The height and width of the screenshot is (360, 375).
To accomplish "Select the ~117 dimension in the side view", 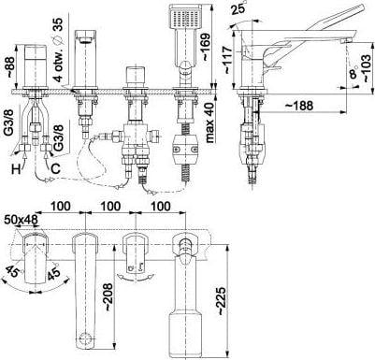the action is (226, 60).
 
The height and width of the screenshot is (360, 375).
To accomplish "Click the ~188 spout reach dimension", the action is (299, 106).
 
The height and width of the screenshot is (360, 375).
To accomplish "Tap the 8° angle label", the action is (353, 73).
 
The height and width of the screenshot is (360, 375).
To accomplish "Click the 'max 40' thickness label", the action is (211, 122).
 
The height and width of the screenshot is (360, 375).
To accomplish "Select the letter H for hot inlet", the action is (16, 169).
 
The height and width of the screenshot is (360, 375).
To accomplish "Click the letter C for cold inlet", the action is (55, 168).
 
